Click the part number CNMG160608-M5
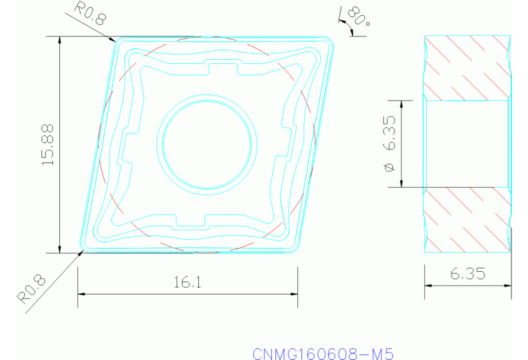322,354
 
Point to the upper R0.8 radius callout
90,13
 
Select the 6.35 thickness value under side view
467,274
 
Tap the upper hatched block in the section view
467,67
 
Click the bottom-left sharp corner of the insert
82,251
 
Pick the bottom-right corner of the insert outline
297,250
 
